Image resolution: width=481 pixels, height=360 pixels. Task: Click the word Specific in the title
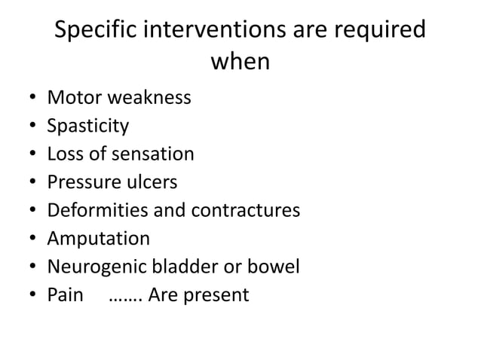pyautogui.click(x=98, y=32)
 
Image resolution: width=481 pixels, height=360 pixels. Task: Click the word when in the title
pyautogui.click(x=240, y=63)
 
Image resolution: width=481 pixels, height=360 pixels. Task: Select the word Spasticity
pyautogui.click(x=87, y=126)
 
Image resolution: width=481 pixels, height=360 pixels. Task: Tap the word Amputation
pyautogui.click(x=98, y=239)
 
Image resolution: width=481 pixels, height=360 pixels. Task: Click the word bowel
pyautogui.click(x=274, y=267)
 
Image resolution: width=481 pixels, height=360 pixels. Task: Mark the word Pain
pyautogui.click(x=65, y=295)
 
